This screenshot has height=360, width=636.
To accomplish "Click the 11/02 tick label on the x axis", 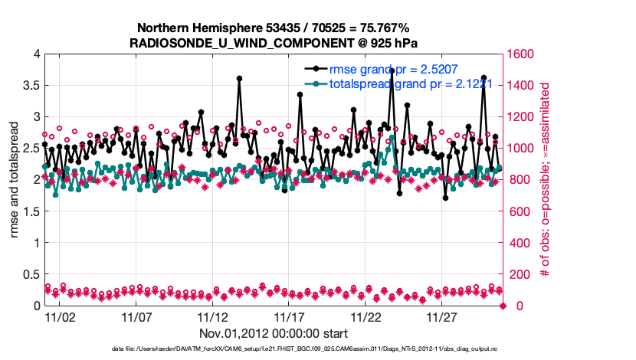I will click(x=60, y=316).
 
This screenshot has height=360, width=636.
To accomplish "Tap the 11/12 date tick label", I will click(x=213, y=316).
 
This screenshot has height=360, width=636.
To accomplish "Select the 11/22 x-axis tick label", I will click(x=366, y=316).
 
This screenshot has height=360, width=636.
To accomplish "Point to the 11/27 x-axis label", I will click(x=442, y=316).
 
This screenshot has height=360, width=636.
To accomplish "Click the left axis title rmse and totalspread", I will click(x=15, y=179).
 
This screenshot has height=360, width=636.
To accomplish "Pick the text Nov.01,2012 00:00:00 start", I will click(x=274, y=333).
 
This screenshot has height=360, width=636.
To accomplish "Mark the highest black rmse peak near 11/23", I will click(x=392, y=70).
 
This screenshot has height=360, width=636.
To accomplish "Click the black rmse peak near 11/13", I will click(x=239, y=78).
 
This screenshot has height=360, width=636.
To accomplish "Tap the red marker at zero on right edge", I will click(x=503, y=306).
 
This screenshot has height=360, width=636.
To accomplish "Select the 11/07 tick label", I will click(x=136, y=316).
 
